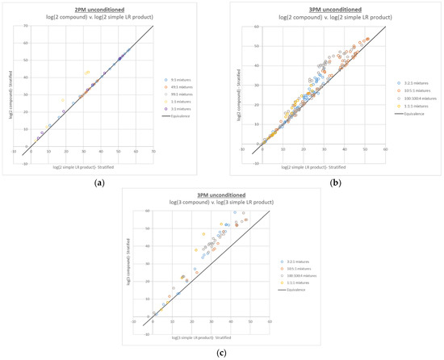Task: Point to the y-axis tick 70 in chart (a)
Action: (27, 26)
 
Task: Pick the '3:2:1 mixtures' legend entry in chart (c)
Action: (296, 262)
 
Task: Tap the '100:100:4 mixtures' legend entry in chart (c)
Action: (299, 276)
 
